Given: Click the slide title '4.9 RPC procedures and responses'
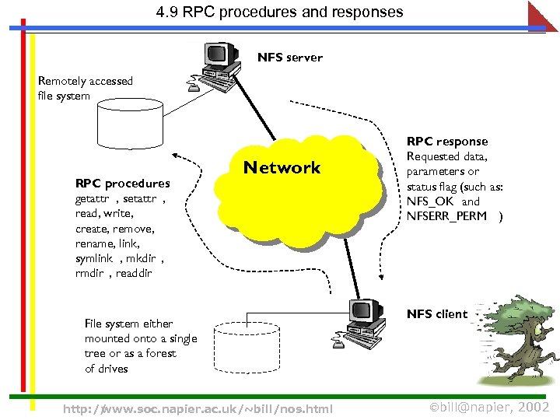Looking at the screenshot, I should coord(279,12).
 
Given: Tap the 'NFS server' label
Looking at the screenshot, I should coord(290,58).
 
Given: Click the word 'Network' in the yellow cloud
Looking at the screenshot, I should coord(282,168).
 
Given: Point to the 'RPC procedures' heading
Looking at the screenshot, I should coord(122,184).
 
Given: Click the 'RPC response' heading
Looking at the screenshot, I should coord(447,142).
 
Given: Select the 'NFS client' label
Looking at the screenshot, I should coord(437,314).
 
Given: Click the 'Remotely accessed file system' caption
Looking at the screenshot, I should coord(85,89).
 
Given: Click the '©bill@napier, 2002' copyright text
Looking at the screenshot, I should coord(489,408).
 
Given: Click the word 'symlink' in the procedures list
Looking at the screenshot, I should coord(94,258).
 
